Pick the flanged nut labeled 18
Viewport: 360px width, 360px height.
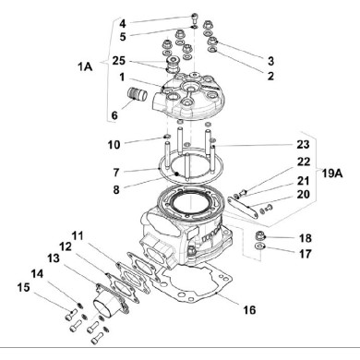coord(261,242)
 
